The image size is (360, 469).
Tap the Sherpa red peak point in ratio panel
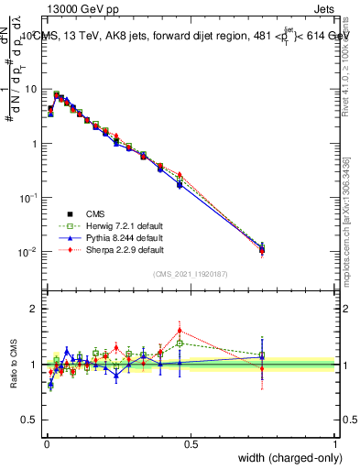[179, 330]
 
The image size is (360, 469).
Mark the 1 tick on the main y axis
[35, 144]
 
